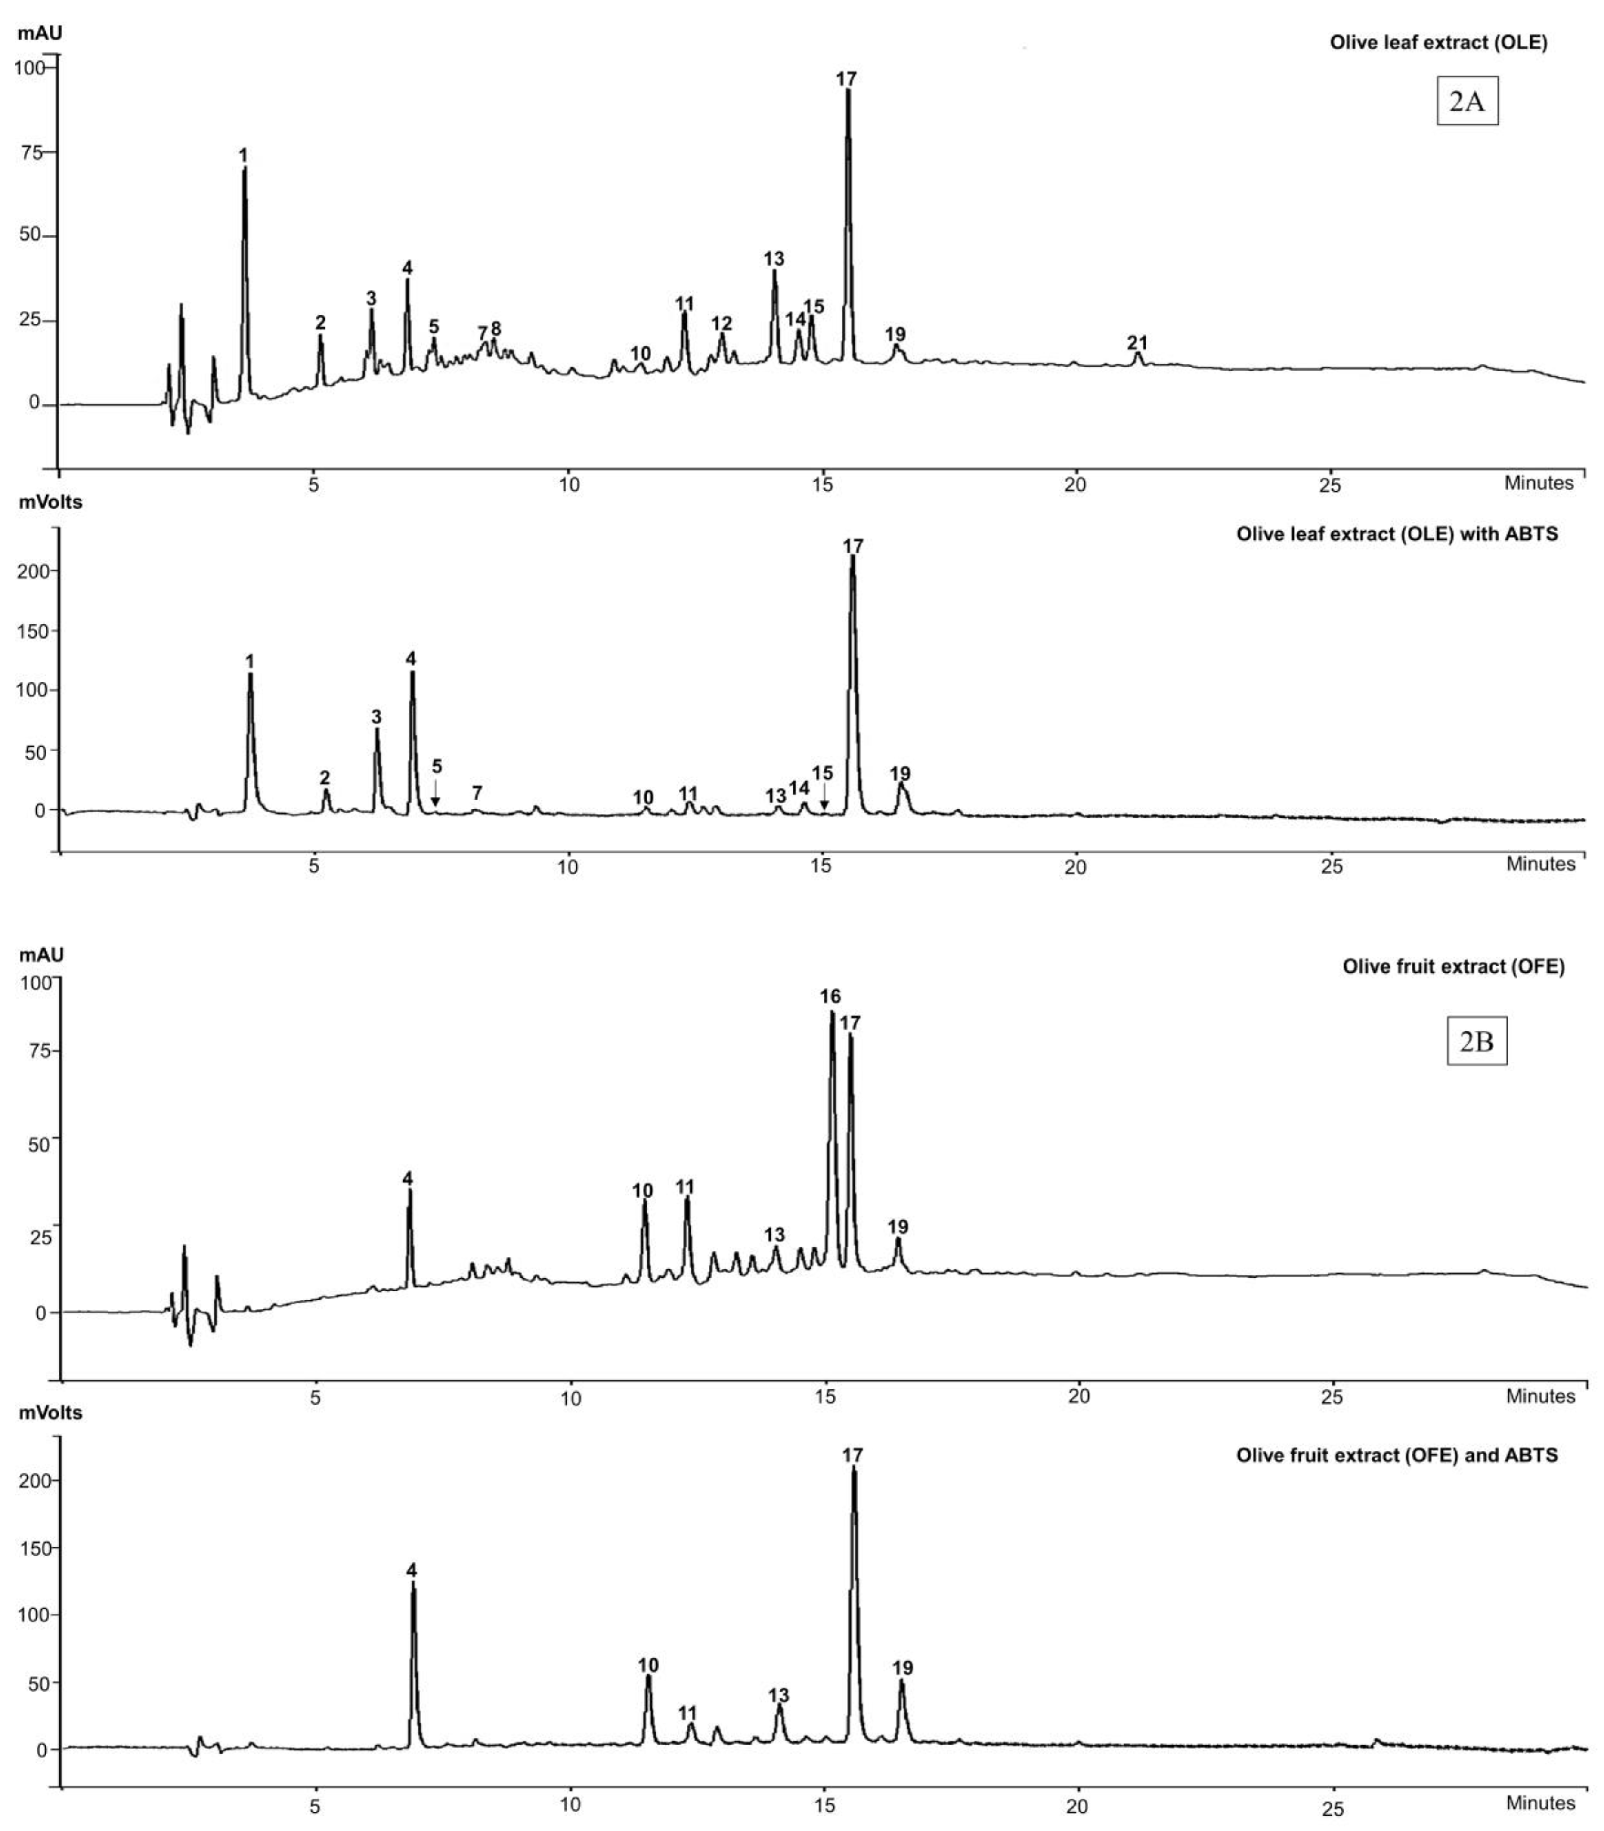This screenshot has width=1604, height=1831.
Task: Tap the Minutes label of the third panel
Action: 1539,1396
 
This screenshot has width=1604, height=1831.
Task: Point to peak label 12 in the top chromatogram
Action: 721,323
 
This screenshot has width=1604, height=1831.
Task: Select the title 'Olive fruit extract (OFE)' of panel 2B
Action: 1453,966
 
